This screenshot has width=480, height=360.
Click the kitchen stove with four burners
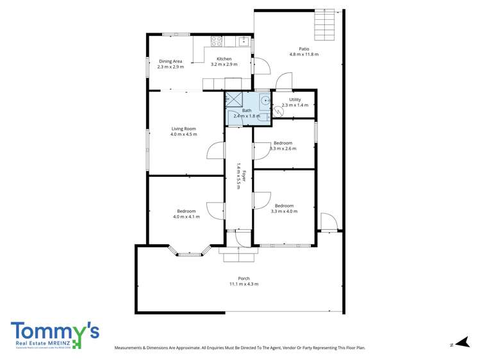[x=217, y=42]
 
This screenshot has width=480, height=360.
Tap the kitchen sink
[x=244, y=42]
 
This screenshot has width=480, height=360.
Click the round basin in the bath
[x=265, y=100]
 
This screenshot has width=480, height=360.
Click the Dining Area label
[x=170, y=64]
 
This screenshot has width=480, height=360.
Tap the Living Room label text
[x=184, y=131]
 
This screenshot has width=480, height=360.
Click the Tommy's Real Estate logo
[x=55, y=334]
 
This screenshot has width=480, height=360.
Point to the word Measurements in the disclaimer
[x=130, y=348]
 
